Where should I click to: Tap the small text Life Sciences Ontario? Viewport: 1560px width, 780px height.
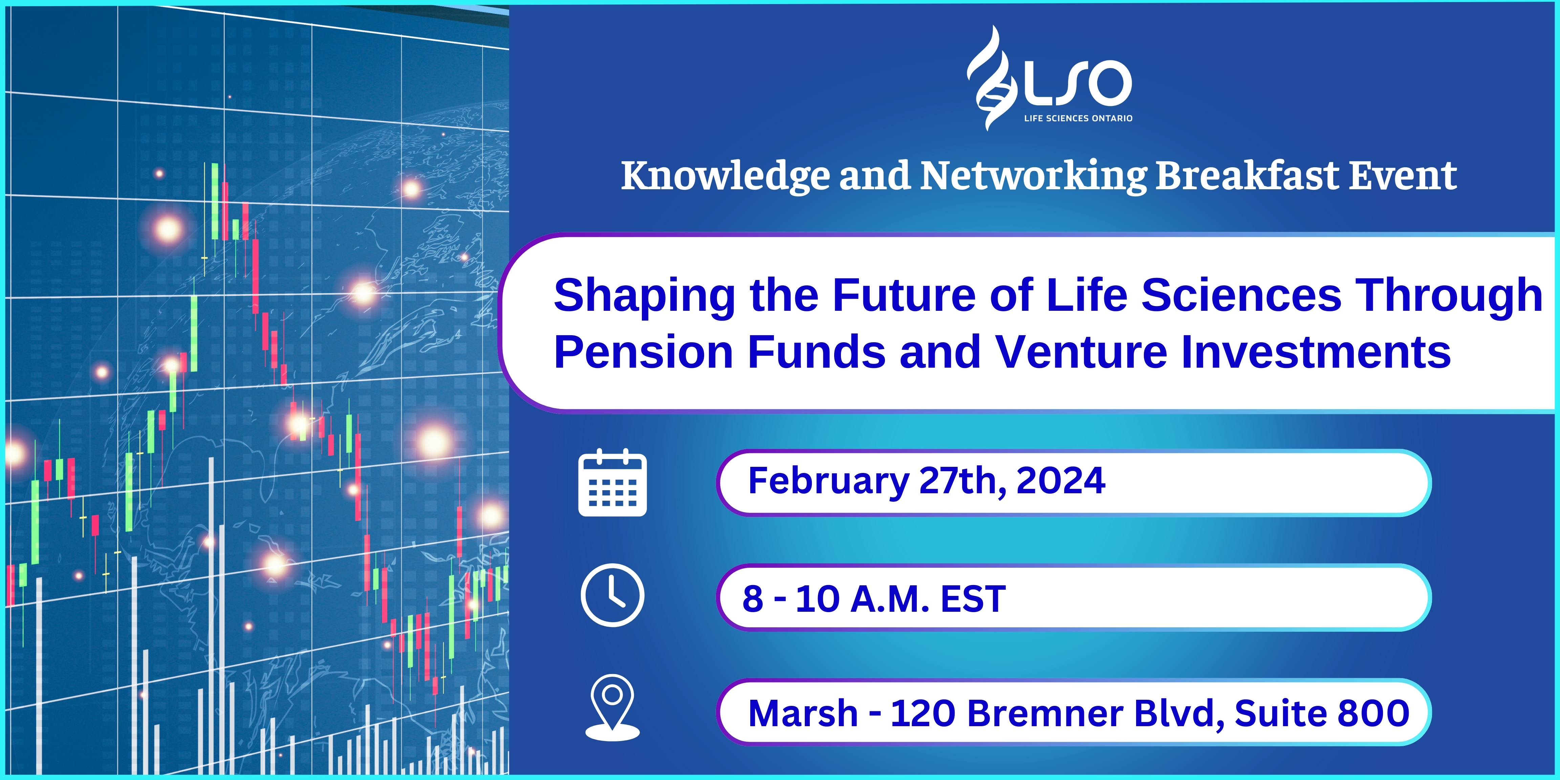point(1078,118)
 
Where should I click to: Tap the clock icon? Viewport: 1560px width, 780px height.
point(612,595)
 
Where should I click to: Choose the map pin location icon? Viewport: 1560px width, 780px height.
point(612,707)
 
